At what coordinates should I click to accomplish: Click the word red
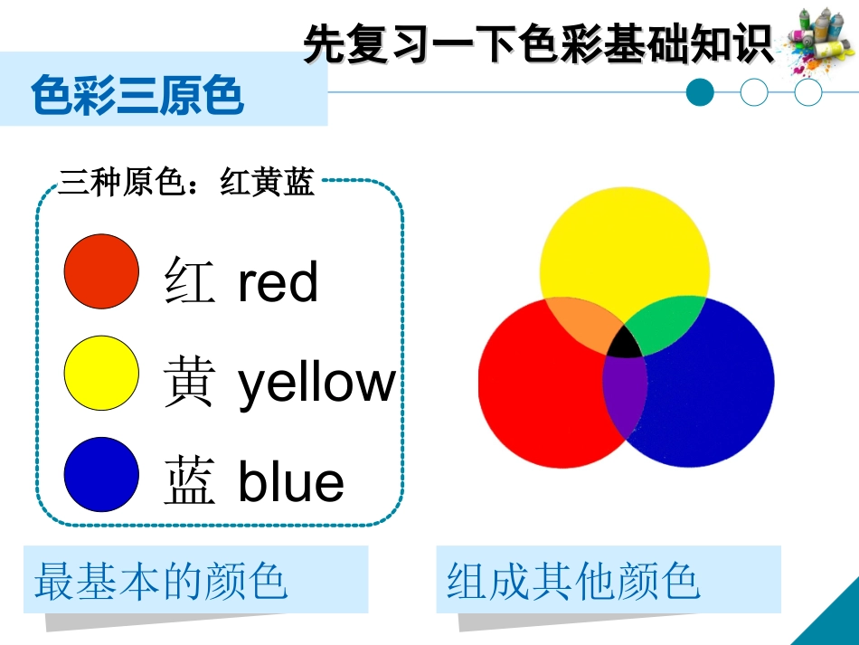coord(278,282)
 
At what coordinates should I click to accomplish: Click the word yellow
coord(316,383)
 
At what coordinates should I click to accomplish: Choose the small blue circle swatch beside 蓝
coord(102,474)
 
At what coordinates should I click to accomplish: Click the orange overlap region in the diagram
coord(578,327)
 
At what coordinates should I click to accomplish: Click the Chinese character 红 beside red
coord(190,280)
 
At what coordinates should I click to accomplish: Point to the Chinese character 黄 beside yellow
coord(190,382)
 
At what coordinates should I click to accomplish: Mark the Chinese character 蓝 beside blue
coord(190,482)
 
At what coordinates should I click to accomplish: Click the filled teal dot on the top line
coord(700,92)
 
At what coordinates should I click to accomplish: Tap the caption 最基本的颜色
coord(161,582)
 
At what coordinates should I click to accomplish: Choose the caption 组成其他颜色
coord(574,582)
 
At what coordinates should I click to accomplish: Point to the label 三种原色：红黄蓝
coord(186,184)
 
